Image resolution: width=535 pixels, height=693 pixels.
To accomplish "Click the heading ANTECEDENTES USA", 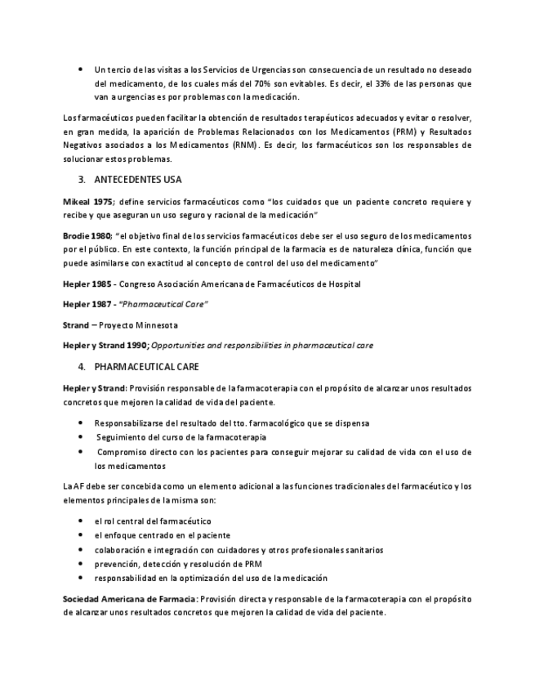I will point(137,180).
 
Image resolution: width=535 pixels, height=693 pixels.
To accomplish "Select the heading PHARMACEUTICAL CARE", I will point(146,367).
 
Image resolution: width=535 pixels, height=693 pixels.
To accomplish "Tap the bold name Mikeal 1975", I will point(87,202).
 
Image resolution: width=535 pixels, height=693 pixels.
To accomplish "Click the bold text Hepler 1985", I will point(87,284).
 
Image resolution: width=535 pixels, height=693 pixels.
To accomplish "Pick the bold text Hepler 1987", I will point(87,304).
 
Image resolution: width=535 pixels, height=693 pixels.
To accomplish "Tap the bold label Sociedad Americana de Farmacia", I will point(130,599).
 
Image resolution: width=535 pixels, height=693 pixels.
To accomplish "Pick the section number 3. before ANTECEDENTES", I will point(82,180).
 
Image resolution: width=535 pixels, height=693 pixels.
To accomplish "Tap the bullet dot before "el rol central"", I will point(80,521).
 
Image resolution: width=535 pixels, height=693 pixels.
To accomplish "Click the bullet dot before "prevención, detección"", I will point(80,564).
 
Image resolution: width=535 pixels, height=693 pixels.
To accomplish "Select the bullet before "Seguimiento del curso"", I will point(80,437).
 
